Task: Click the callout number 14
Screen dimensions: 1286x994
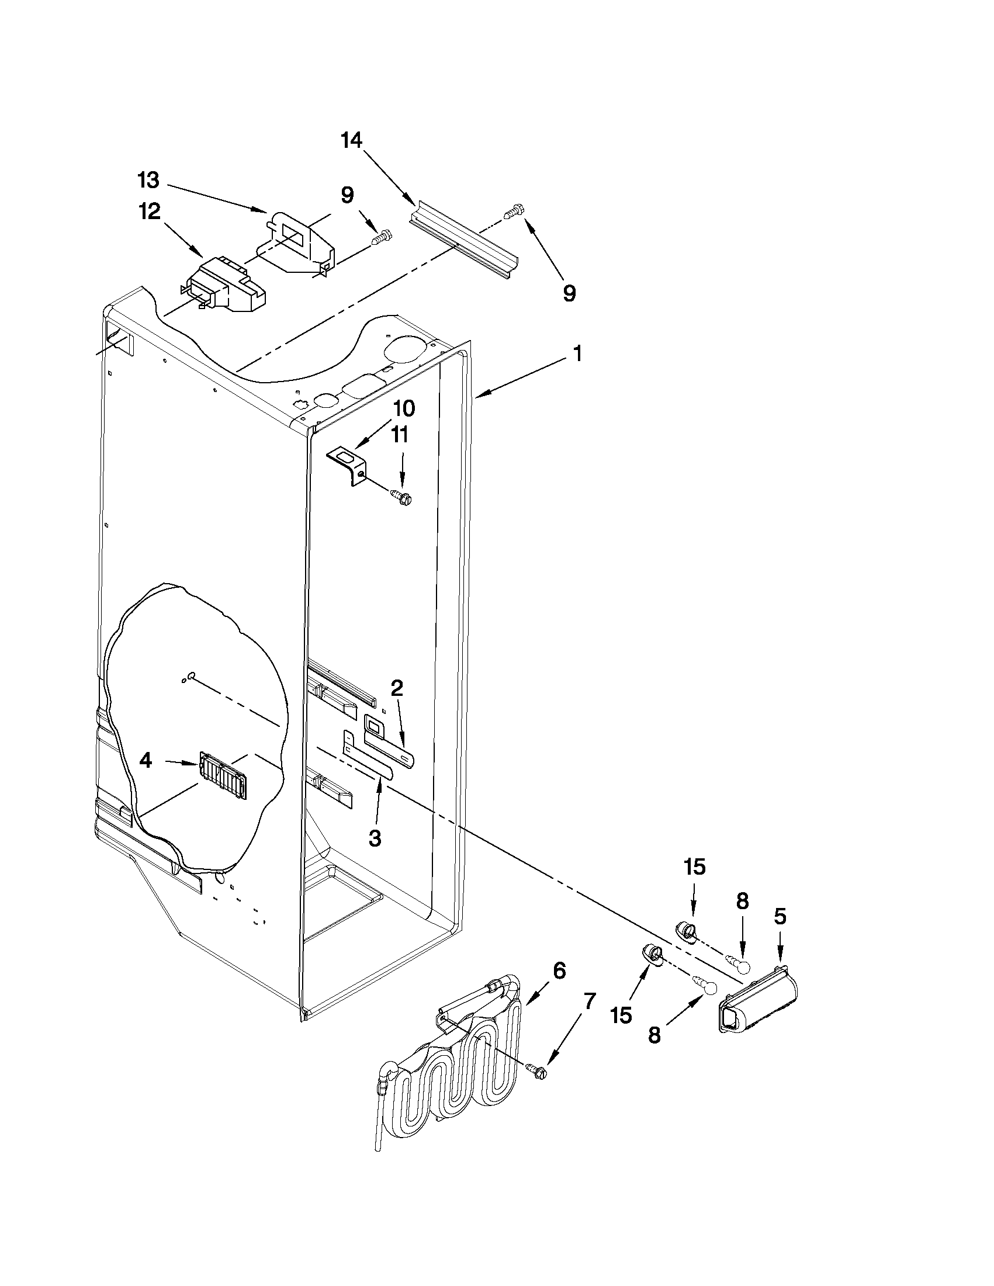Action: pos(352,141)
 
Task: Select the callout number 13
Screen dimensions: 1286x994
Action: pos(148,180)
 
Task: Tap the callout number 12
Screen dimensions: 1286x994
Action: pos(150,212)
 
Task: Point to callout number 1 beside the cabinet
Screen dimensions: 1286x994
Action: pos(578,353)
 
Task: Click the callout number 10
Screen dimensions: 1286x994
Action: pos(403,407)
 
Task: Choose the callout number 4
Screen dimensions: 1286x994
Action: pos(146,761)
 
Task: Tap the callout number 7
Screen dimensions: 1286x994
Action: pos(590,1000)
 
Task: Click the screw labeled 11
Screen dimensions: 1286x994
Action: pos(403,497)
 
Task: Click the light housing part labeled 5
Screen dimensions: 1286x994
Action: pos(757,1001)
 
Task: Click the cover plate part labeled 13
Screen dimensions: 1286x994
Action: pos(297,242)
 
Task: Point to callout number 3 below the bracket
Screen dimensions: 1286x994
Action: pos(375,838)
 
